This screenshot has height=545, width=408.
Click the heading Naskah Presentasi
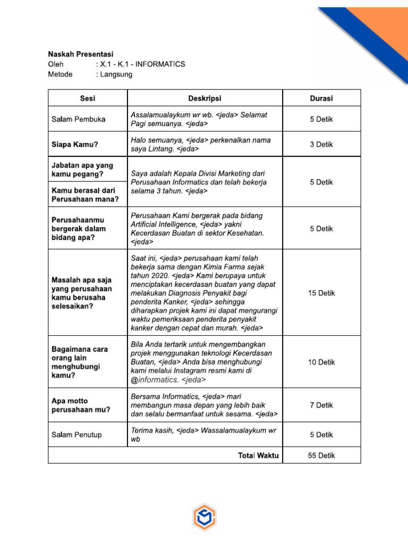tap(81, 54)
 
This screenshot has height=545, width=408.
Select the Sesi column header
tap(88, 98)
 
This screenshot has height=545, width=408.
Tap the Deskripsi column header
tap(205, 98)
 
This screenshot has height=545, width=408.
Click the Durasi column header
tap(321, 98)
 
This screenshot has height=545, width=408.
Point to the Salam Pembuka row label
tap(78, 119)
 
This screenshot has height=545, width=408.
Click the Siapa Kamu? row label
tap(75, 144)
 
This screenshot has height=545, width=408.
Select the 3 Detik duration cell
tap(321, 144)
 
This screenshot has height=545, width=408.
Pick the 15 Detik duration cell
tap(321, 293)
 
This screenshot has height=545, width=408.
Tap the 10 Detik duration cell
tap(321, 362)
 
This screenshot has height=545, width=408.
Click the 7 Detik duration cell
tap(321, 405)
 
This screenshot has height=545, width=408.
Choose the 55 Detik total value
tap(321, 456)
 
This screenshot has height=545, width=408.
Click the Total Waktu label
tap(259, 456)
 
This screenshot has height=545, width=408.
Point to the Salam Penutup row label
tap(76, 435)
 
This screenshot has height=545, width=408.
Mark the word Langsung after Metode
tap(114, 75)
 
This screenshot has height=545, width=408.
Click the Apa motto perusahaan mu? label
tap(81, 406)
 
